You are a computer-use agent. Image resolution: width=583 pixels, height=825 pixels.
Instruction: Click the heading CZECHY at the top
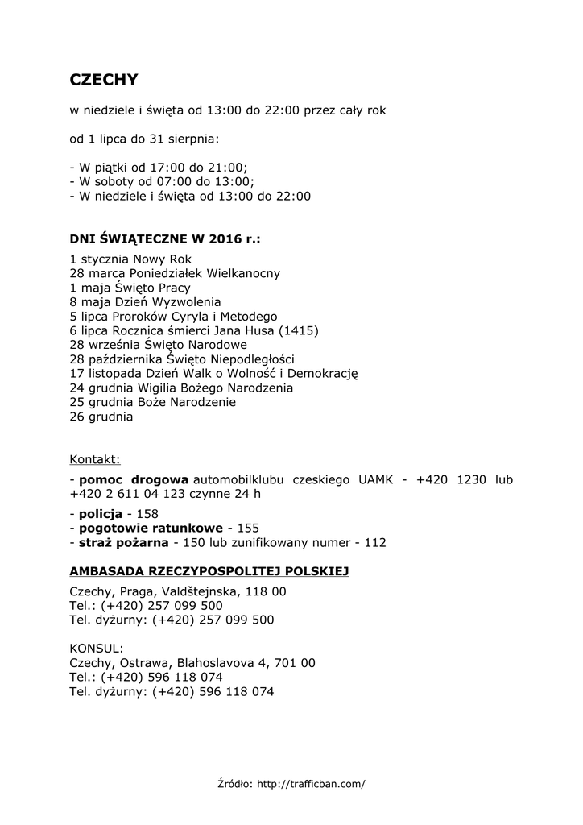coord(104,80)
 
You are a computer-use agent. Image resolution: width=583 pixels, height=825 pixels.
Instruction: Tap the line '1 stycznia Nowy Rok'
coord(130,259)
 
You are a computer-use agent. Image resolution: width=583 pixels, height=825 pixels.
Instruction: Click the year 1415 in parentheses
coord(297,330)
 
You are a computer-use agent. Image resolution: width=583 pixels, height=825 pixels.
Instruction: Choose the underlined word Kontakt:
coord(95,460)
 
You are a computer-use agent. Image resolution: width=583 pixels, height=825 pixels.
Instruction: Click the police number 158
coord(147,514)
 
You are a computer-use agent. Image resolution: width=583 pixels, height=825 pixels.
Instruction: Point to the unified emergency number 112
coord(375,543)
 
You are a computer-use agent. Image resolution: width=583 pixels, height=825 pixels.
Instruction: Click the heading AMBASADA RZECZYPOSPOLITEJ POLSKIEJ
coord(209,571)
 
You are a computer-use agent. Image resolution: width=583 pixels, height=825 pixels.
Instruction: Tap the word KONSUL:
coord(97,649)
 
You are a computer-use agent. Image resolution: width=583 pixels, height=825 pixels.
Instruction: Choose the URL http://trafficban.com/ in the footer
coord(311,783)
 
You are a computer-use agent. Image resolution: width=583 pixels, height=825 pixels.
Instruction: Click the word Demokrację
coord(322,374)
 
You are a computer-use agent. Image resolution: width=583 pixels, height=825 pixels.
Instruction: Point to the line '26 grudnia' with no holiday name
coord(101,417)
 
